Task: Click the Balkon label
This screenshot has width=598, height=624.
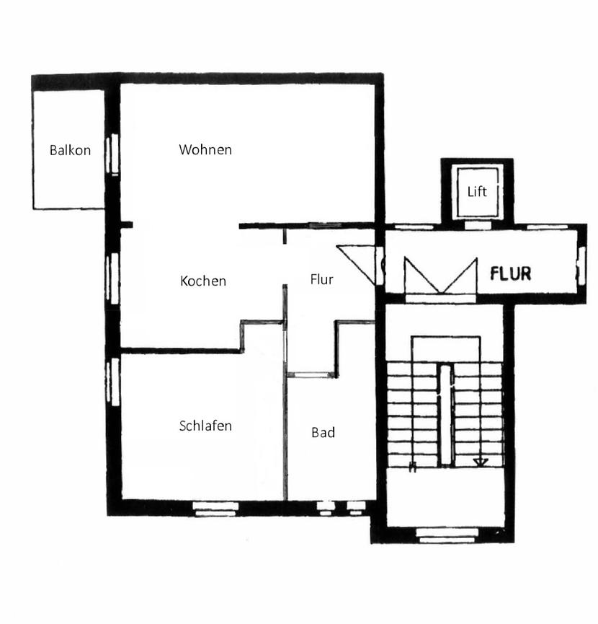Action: click(70, 151)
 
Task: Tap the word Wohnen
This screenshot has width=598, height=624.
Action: click(205, 150)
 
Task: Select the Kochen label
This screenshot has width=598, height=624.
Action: click(203, 281)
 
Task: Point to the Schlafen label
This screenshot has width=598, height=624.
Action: click(205, 426)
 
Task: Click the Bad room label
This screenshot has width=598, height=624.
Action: click(323, 433)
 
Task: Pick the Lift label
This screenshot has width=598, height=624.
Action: click(477, 191)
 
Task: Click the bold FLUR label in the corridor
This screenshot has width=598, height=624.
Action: click(510, 274)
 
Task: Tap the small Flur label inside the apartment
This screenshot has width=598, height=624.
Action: click(321, 279)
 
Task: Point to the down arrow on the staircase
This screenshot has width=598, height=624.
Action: click(481, 462)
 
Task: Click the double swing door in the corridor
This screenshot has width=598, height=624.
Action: click(440, 276)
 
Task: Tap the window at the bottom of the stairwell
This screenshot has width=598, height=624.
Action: click(447, 535)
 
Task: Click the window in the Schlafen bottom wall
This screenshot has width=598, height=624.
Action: click(215, 508)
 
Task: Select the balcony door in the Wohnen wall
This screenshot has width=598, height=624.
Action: click(112, 155)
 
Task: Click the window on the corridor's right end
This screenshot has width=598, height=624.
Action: click(581, 263)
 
